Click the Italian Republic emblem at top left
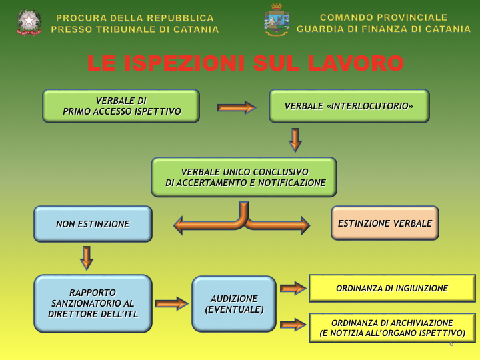[x=29, y=22]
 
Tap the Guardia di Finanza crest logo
[x=276, y=21]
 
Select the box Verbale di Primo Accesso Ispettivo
[x=121, y=106]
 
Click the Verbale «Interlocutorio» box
[x=349, y=106]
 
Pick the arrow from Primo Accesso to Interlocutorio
[x=236, y=107]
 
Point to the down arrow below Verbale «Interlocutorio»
[x=295, y=139]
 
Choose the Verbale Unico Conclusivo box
[x=244, y=177]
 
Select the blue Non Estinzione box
[x=93, y=224]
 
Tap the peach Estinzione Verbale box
[x=385, y=223]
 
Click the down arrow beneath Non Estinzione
[x=87, y=257]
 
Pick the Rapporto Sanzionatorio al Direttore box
[x=93, y=303]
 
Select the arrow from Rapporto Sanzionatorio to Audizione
[x=171, y=304]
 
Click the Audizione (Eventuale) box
[x=234, y=304]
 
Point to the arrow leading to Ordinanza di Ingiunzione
[x=293, y=289]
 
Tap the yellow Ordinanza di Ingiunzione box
[x=392, y=288]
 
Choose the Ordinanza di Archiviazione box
[x=392, y=327]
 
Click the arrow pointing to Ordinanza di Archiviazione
[x=293, y=325]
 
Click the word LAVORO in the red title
[x=352, y=63]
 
